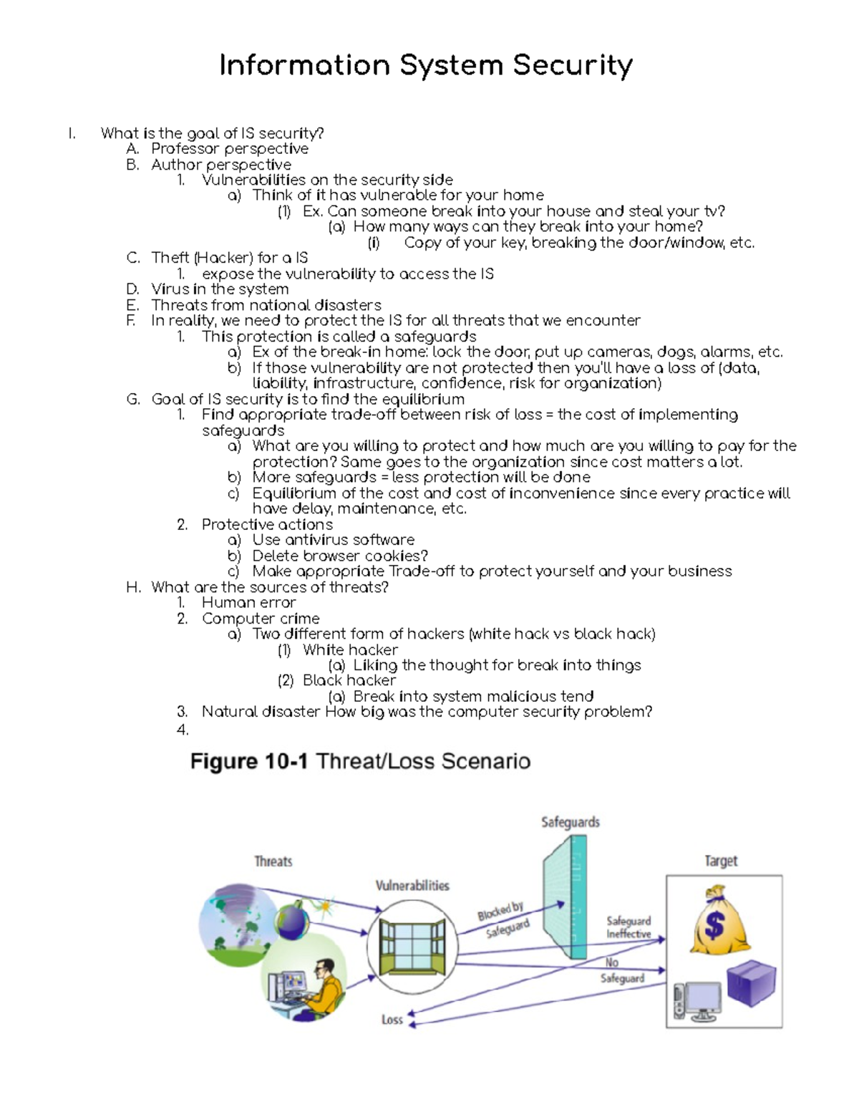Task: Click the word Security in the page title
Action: click(572, 66)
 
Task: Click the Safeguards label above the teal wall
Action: click(570, 822)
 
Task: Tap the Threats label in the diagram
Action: click(273, 861)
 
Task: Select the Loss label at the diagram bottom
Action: click(392, 1019)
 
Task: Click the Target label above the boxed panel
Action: click(720, 861)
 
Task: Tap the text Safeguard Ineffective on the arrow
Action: click(629, 927)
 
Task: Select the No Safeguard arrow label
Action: click(621, 971)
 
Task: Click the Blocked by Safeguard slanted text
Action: click(504, 919)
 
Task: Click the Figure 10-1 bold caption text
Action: click(248, 761)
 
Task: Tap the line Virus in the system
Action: click(220, 289)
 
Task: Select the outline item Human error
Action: click(248, 603)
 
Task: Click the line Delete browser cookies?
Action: click(339, 556)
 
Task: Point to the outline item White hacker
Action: click(349, 650)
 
